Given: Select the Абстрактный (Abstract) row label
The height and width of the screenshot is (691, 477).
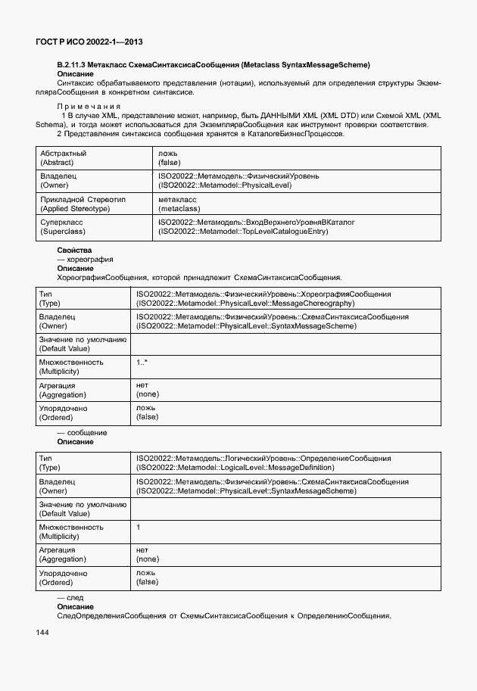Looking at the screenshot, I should tap(64, 157).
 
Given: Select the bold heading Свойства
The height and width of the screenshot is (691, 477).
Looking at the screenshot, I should tap(74, 250).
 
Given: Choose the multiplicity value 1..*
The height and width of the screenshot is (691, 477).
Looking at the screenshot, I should tap(142, 363).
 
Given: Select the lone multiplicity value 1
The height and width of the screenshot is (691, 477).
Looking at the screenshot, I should tap(139, 527).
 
